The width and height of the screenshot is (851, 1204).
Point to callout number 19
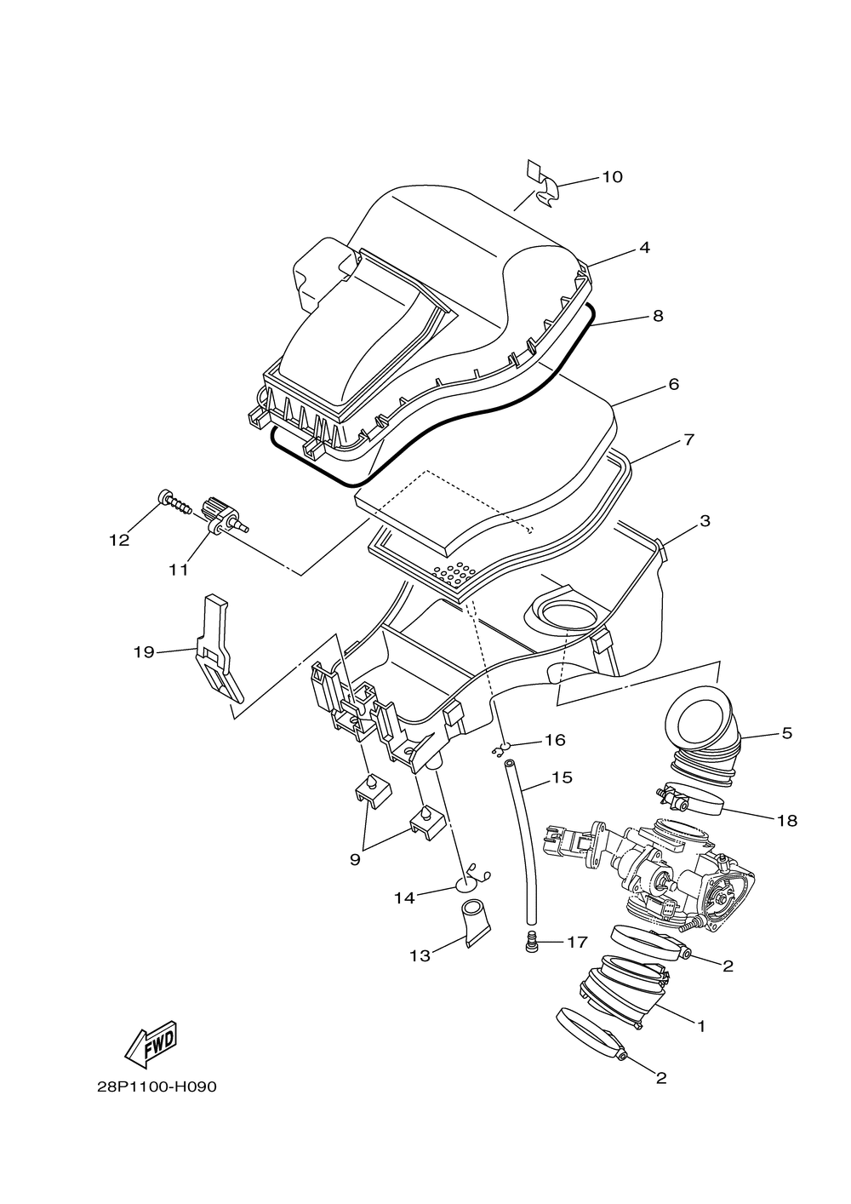click(x=144, y=652)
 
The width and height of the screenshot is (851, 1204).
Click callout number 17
click(x=577, y=943)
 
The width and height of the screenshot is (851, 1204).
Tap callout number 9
click(x=355, y=860)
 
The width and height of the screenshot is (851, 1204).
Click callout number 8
click(x=657, y=316)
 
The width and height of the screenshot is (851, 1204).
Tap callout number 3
click(x=705, y=520)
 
